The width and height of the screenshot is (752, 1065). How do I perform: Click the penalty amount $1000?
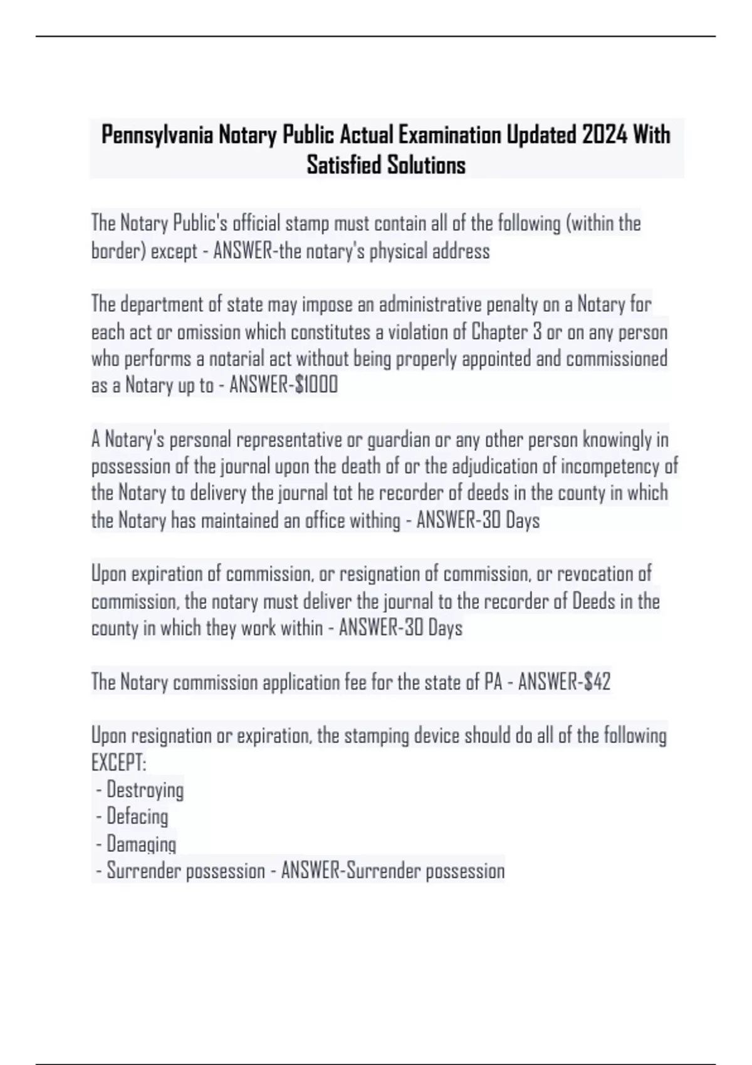pyautogui.click(x=316, y=385)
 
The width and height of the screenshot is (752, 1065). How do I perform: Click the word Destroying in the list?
pyautogui.click(x=145, y=790)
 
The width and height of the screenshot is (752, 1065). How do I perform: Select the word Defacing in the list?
pyautogui.click(x=137, y=817)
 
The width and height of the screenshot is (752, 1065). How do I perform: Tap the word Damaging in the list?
pyautogui.click(x=141, y=844)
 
